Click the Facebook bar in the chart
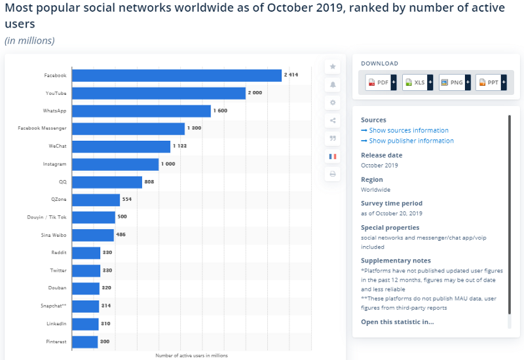tap(177, 75)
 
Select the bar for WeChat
tap(121, 147)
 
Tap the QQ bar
tap(107, 183)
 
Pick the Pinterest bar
tap(85, 342)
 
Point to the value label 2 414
tap(291, 75)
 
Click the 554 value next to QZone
tap(127, 199)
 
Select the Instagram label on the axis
tap(54, 164)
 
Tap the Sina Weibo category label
tap(54, 235)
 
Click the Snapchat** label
tap(54, 306)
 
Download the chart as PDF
tap(381, 82)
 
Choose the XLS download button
tap(417, 82)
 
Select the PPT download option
tap(491, 82)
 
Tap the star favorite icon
tap(333, 67)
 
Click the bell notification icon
tap(333, 85)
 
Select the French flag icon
tap(333, 156)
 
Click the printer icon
tap(333, 174)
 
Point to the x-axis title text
tap(191, 355)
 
